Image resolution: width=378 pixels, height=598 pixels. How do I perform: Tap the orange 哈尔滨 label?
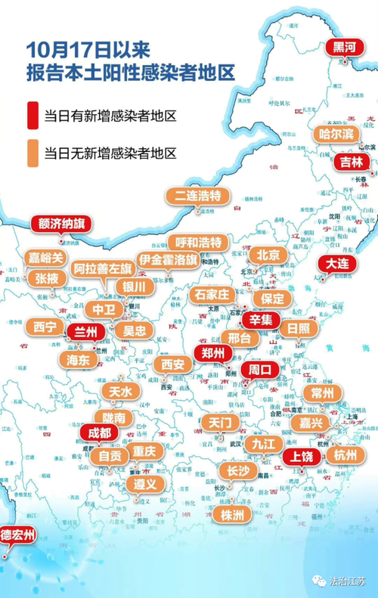tap(336, 134)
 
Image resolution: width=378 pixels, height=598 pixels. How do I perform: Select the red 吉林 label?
tap(350, 161)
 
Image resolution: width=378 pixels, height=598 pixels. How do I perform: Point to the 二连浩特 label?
tap(197, 196)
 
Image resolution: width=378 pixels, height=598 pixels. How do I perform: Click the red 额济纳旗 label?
tap(61, 224)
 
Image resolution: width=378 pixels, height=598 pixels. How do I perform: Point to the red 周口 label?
tap(259, 370)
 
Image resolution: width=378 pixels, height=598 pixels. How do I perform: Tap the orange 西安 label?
tap(173, 364)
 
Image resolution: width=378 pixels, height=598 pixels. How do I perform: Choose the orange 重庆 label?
tap(144, 451)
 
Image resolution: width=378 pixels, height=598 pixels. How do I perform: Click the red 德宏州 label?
tap(17, 535)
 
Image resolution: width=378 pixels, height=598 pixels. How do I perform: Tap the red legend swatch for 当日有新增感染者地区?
tap(33, 116)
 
